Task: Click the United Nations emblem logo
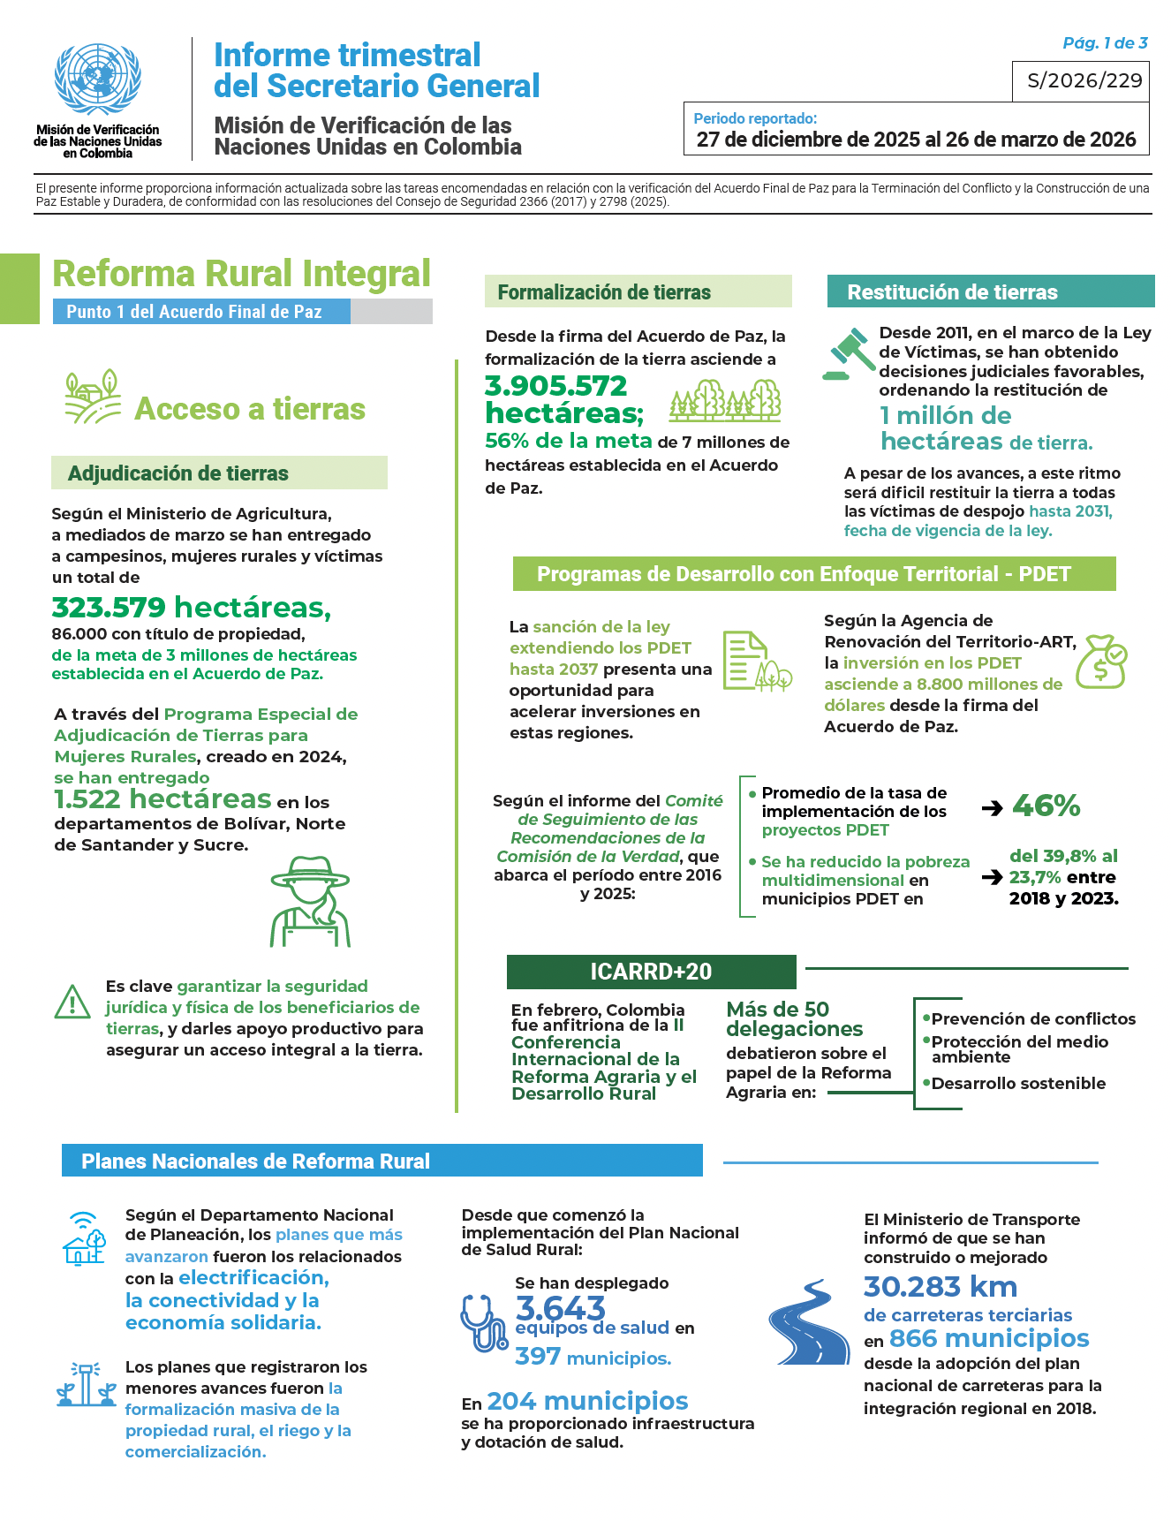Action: click(97, 79)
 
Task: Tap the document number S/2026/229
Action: click(1084, 81)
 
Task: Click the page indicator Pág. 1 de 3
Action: click(1105, 43)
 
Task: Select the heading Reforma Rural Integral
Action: click(241, 274)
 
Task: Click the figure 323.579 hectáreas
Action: click(191, 608)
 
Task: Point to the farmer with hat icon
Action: click(310, 902)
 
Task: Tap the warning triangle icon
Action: click(72, 1002)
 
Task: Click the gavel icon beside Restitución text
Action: click(847, 353)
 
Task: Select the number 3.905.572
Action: click(555, 386)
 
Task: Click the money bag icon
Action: click(1104, 662)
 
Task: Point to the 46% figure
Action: click(1046, 806)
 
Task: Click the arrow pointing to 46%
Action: click(993, 807)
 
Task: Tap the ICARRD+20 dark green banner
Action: click(651, 972)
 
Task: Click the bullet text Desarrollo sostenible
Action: click(1017, 1084)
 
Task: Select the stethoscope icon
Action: click(483, 1322)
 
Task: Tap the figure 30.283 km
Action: click(940, 1287)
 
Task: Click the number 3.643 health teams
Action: click(560, 1307)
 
